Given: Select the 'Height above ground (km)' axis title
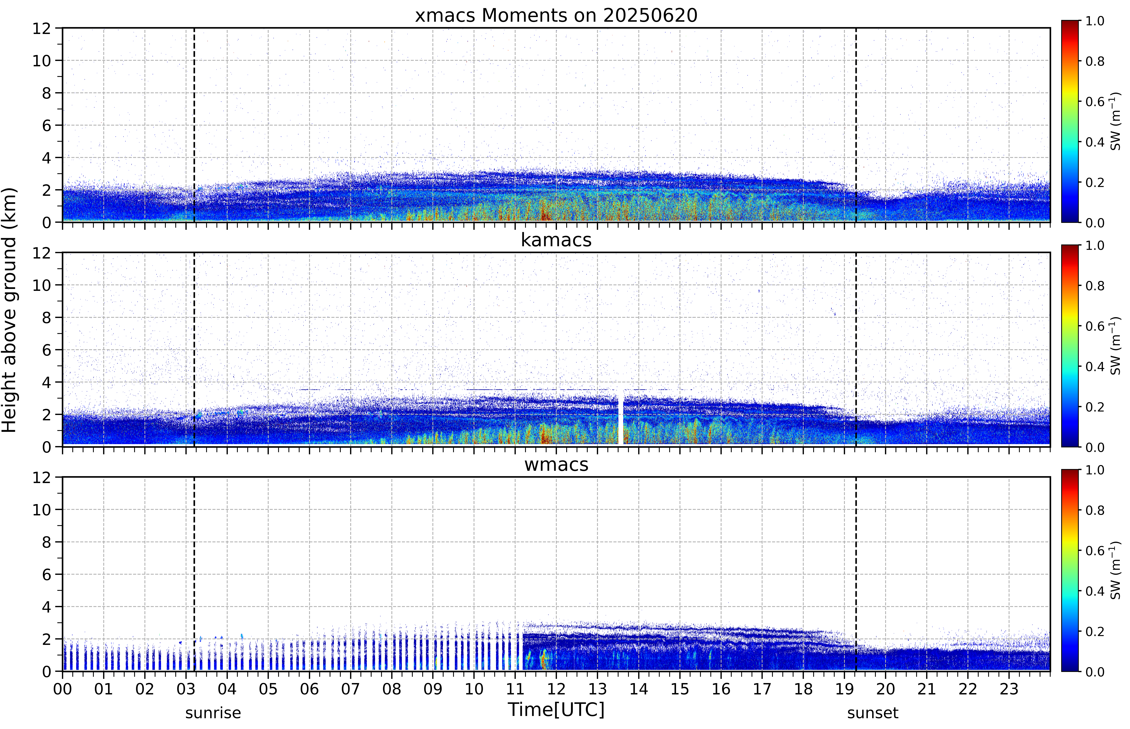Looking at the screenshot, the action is point(9,310).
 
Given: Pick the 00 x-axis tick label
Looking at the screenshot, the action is point(62,689).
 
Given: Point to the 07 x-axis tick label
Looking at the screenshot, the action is point(351,689).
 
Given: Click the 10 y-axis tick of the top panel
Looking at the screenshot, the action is point(42,61).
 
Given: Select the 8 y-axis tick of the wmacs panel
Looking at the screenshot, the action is point(46,542).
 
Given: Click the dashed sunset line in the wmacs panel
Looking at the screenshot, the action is point(856,574).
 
